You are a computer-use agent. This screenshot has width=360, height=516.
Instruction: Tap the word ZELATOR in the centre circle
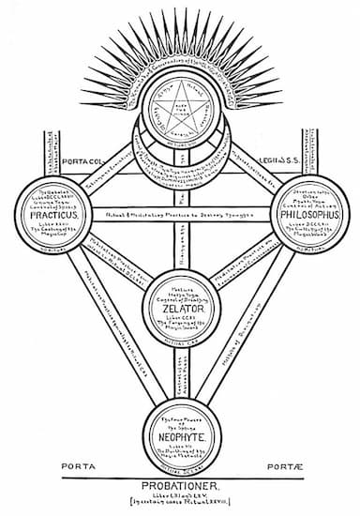pyautogui.click(x=179, y=307)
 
